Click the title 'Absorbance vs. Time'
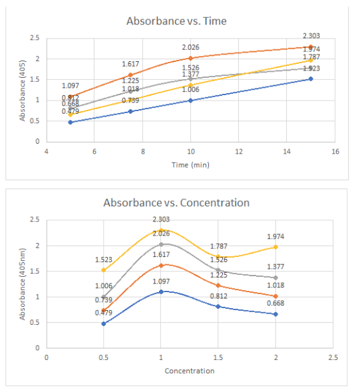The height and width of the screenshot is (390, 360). click(176, 21)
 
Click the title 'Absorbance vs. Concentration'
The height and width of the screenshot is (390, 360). click(176, 203)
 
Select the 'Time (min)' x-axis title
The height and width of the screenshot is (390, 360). click(190, 164)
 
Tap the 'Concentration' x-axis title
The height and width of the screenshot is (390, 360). click(190, 371)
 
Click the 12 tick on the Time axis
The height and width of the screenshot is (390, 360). click(239, 152)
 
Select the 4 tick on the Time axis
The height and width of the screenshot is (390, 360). click(46, 152)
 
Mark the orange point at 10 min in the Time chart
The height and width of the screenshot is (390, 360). click(191, 58)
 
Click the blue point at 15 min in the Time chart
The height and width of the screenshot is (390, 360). click(311, 79)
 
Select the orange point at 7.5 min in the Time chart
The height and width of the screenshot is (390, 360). click(130, 75)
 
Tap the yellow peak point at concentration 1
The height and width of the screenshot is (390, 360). click(161, 230)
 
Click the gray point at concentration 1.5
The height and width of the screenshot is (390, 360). click(218, 270)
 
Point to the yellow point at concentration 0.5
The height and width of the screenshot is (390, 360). click(104, 270)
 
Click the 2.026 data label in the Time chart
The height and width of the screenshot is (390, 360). click(191, 47)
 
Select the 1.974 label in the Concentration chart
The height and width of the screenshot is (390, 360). click(276, 236)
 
